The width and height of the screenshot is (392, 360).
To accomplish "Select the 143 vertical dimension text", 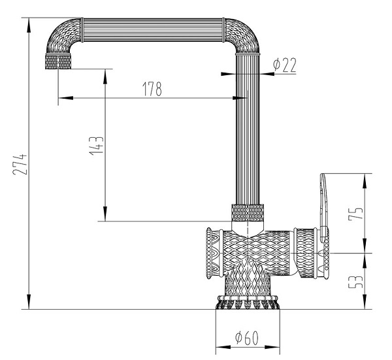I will pyautogui.click(x=95, y=144).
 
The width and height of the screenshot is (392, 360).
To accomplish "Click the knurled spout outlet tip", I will pyautogui.click(x=57, y=63).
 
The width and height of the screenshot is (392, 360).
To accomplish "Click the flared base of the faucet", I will pyautogui.click(x=248, y=302).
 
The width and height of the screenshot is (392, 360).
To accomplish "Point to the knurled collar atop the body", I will pyautogui.click(x=248, y=212).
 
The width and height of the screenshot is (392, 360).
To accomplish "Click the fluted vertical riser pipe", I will pyautogui.click(x=248, y=131).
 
